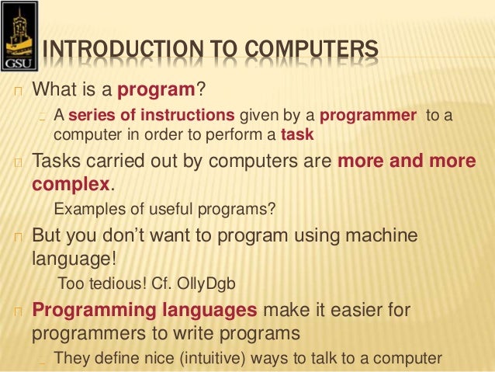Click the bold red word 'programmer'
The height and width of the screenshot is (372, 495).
point(368,116)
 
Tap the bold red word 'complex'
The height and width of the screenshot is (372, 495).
point(71,185)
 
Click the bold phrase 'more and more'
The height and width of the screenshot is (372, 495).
point(405,162)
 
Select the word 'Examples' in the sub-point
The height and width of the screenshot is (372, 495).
point(85,209)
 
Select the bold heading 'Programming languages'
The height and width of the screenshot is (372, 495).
point(144,311)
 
